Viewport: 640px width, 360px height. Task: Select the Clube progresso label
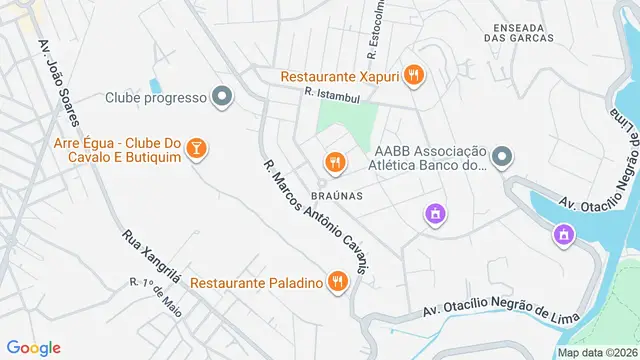click(155, 98)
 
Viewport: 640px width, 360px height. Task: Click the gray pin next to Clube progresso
click(222, 98)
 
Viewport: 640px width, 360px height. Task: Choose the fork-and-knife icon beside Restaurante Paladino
click(338, 282)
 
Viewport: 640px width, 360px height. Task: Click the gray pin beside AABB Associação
click(502, 157)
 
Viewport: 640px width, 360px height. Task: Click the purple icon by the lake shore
click(564, 234)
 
